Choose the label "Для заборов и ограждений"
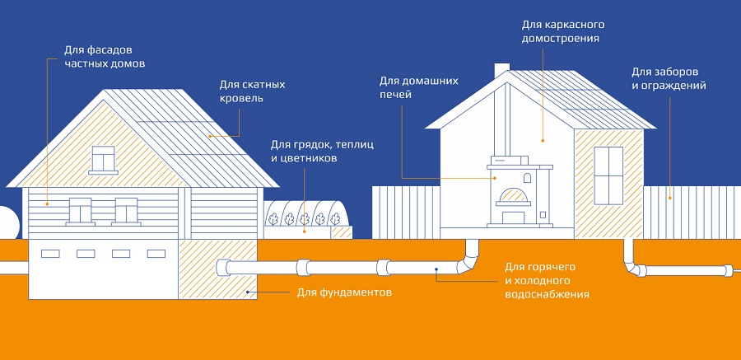(x=669, y=78)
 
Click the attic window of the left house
(x=103, y=157)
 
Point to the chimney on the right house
(x=501, y=73)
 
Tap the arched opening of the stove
(x=511, y=197)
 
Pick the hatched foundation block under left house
(x=219, y=267)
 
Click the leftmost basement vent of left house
(x=51, y=253)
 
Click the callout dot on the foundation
(x=247, y=292)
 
